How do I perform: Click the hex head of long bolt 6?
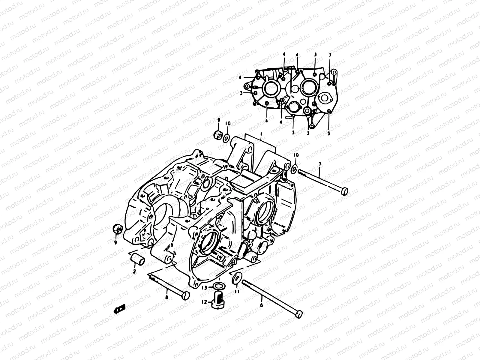tap(298, 314)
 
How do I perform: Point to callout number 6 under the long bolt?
tap(261, 305)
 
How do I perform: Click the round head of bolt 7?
tap(345, 190)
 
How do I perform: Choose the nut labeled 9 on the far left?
tap(117, 229)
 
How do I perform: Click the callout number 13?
tap(204, 287)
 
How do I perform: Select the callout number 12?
tap(205, 302)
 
